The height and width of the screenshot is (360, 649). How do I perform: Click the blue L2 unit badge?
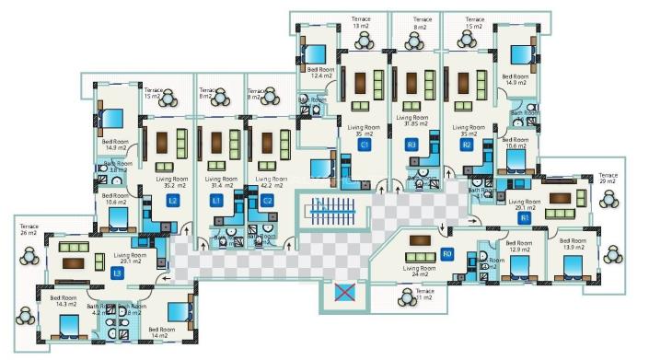pyautogui.click(x=172, y=200)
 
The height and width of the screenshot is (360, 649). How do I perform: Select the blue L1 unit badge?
pyautogui.click(x=217, y=200)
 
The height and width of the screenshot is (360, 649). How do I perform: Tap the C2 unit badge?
pyautogui.click(x=267, y=200)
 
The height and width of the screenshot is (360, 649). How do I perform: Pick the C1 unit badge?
pyautogui.click(x=365, y=145)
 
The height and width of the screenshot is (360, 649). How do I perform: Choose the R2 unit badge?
pyautogui.click(x=467, y=145)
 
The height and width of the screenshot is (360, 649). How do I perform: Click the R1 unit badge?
pyautogui.click(x=524, y=218)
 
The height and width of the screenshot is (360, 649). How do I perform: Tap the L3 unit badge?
pyautogui.click(x=117, y=273)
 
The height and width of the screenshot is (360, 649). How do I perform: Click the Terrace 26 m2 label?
pyautogui.click(x=29, y=227)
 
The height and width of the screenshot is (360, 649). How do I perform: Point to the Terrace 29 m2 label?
pyautogui.click(x=608, y=178)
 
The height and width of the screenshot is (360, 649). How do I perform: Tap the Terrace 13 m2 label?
pyautogui.click(x=361, y=22)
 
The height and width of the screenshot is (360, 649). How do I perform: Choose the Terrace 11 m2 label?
pyautogui.click(x=423, y=295)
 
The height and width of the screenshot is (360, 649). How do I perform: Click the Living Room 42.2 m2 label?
pyautogui.click(x=267, y=181)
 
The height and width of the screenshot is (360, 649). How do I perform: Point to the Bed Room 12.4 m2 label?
pyautogui.click(x=319, y=72)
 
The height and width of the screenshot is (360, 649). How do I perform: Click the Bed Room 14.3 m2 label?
pyautogui.click(x=64, y=301)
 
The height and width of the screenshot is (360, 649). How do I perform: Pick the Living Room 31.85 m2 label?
pyautogui.click(x=411, y=122)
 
